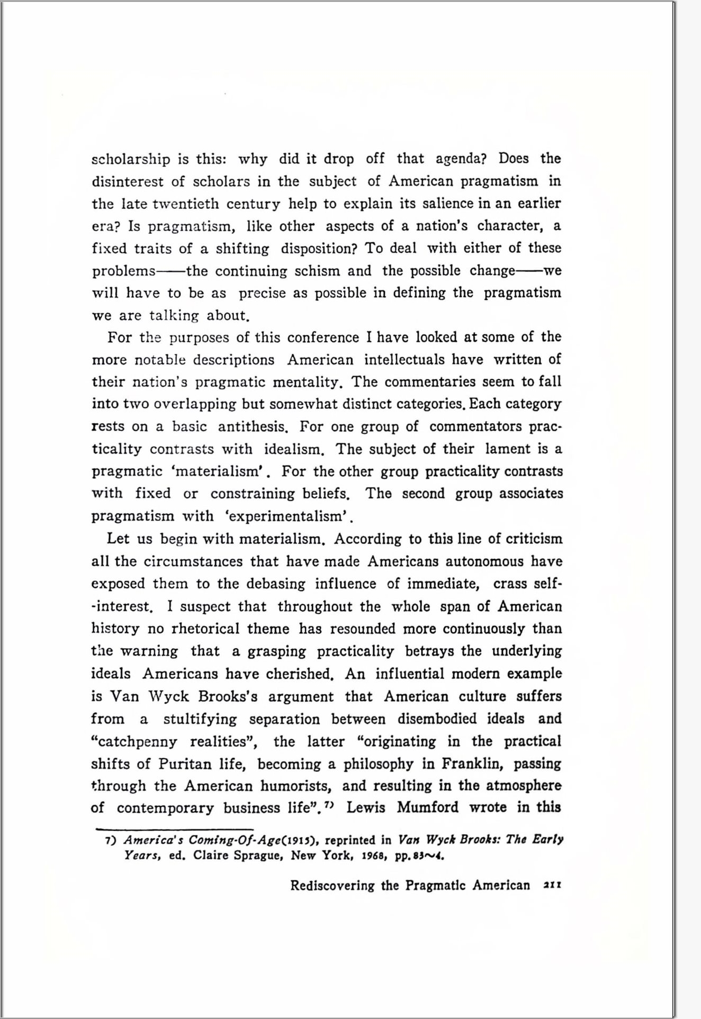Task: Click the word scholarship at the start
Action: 131,159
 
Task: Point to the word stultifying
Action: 200,719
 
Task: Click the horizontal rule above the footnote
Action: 175,829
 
